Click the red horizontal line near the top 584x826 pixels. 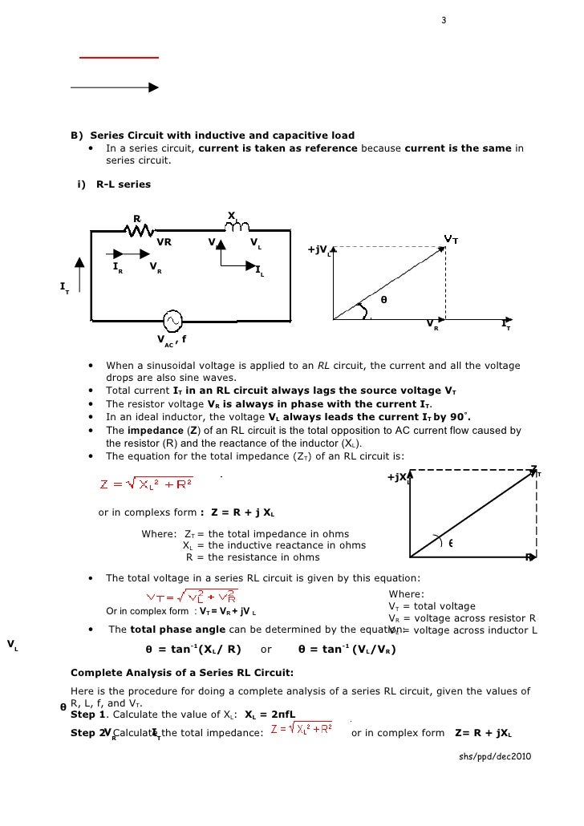click(119, 58)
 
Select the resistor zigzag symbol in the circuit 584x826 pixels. click(141, 230)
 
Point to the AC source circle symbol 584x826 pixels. click(172, 321)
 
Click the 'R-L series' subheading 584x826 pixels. click(123, 184)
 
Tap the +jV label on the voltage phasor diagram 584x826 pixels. click(318, 250)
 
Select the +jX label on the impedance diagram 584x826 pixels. click(397, 478)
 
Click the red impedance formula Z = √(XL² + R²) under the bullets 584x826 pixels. click(146, 484)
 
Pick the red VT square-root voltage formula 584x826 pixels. click(191, 595)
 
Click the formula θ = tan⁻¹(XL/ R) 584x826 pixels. click(193, 649)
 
